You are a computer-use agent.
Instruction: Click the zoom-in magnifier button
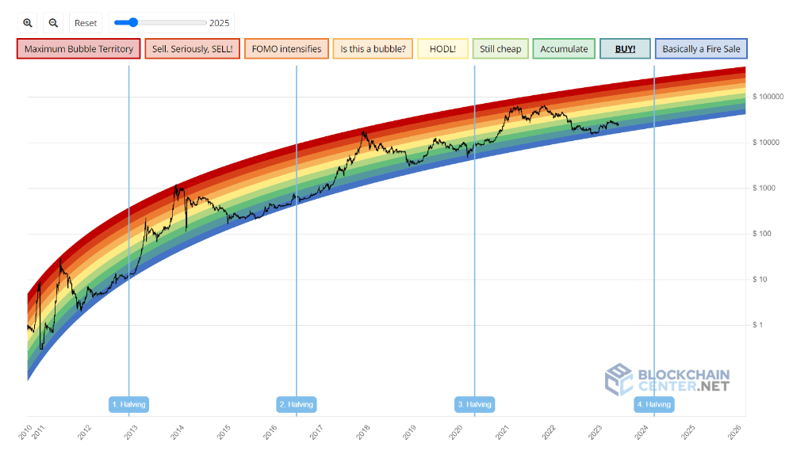28,23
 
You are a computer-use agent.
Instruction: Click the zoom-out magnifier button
53,23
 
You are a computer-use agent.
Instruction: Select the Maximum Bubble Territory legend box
79,49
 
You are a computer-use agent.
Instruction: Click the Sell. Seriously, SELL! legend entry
193,49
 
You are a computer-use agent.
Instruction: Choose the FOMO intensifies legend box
286,49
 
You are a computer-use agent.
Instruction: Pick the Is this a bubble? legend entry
373,49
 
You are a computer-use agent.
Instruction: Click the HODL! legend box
442,49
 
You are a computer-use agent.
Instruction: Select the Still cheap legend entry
500,49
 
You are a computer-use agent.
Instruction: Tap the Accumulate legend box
564,49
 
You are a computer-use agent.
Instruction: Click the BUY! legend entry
625,49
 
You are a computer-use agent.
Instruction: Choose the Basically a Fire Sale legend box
701,49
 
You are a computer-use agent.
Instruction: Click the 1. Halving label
128,404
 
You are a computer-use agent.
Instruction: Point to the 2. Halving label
297,404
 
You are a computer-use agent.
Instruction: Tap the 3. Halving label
475,404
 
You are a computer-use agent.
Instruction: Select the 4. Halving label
654,404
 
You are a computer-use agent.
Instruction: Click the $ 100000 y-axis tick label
768,97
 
